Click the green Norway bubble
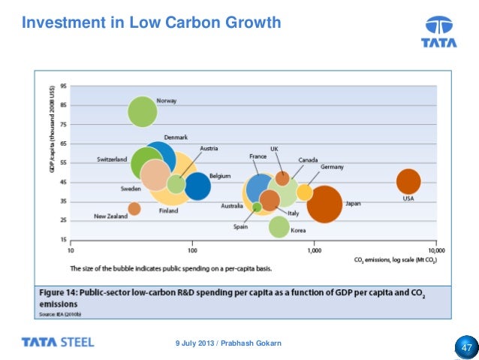point(143,112)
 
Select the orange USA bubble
point(408,181)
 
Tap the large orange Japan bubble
point(324,204)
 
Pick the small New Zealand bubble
point(134,209)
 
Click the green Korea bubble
point(279,226)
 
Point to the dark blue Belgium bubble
point(197,186)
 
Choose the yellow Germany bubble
point(304,192)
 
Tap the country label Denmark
point(176,137)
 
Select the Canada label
point(309,160)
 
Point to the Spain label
point(241,225)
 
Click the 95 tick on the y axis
point(64,86)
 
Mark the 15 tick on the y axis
point(64,240)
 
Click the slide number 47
point(466,348)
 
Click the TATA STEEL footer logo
point(58,343)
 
